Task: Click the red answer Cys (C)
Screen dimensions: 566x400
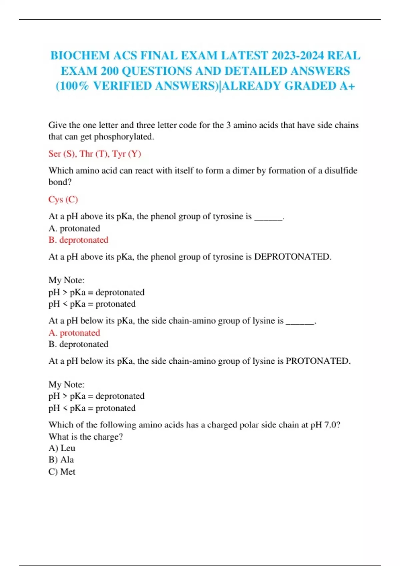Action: pos(63,199)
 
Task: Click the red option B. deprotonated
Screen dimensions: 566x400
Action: pos(78,240)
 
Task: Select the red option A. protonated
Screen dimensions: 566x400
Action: pos(74,333)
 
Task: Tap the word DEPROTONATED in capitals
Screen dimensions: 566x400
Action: pos(292,257)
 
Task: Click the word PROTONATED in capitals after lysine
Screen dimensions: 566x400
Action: pos(318,361)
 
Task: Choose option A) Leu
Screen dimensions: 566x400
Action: pos(62,448)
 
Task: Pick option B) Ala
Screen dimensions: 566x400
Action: pos(61,460)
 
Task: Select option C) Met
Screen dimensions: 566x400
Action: pos(62,472)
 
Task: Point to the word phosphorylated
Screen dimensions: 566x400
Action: pos(124,137)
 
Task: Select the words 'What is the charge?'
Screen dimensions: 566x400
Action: pos(86,436)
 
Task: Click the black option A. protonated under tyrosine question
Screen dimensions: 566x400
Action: pos(74,228)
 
